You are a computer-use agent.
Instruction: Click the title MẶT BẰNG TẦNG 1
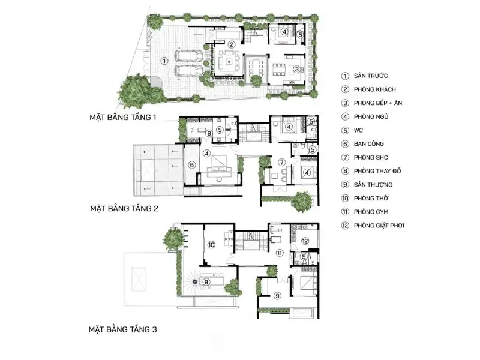coord(123,117)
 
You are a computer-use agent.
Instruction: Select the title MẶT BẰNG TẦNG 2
coord(124,208)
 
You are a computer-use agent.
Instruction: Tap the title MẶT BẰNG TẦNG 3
coord(123,329)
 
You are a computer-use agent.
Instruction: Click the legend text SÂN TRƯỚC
coord(371,76)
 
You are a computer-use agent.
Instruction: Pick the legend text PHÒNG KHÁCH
coord(374,89)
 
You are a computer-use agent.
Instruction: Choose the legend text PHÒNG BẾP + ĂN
coord(378,103)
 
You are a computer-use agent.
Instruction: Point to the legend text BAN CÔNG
coord(368,143)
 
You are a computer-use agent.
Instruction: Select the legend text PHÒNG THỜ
coord(371,198)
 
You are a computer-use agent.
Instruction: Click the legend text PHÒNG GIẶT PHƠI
coord(379,226)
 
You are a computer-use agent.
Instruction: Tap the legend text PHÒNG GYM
coord(371,212)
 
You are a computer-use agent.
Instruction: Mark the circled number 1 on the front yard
coord(164,61)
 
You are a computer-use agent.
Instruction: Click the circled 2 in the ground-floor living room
coord(232,44)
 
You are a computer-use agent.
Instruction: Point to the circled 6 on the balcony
coord(191,165)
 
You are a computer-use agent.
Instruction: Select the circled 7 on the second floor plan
coord(281,163)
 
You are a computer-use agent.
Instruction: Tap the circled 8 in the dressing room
coord(209,133)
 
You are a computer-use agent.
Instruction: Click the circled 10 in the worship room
coord(211,245)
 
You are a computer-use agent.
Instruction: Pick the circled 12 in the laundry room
coord(305,241)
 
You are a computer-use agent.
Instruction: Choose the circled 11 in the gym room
coord(280,253)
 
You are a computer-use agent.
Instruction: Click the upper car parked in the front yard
coord(189,56)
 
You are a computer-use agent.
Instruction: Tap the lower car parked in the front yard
coord(189,70)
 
